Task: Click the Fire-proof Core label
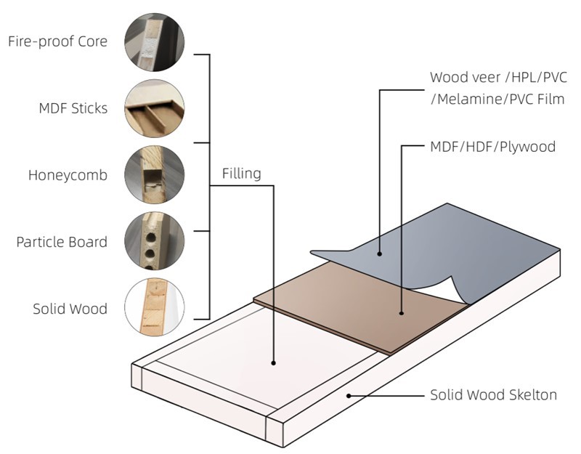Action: click(57, 41)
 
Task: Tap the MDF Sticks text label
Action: click(73, 108)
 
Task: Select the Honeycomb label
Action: click(68, 175)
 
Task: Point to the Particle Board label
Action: click(62, 241)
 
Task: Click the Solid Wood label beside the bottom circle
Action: click(70, 308)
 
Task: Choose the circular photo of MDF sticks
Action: click(154, 108)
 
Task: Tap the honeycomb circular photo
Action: click(154, 175)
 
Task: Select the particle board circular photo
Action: click(154, 242)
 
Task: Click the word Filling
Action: click(241, 174)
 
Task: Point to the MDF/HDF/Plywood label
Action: click(492, 147)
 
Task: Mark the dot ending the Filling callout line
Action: click(274, 362)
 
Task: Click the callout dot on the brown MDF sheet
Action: click(402, 313)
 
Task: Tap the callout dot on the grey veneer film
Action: click(379, 254)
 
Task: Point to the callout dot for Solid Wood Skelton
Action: click(349, 396)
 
